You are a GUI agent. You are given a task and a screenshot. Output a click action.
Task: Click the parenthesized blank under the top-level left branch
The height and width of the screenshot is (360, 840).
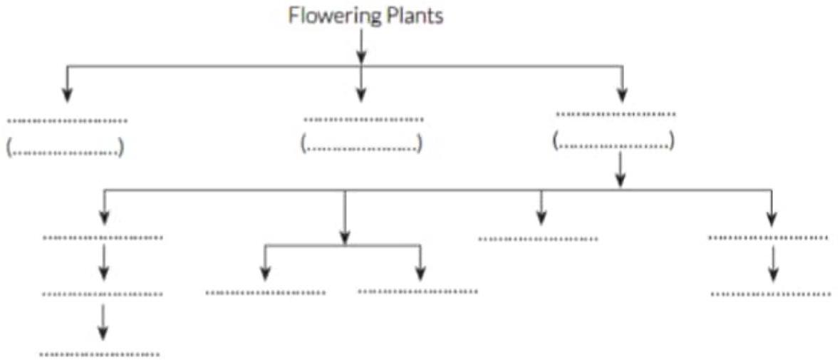(66, 149)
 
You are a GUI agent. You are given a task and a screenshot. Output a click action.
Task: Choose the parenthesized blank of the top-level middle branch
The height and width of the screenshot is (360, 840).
(362, 143)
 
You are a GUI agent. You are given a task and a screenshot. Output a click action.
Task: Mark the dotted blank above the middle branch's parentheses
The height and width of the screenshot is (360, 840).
(363, 120)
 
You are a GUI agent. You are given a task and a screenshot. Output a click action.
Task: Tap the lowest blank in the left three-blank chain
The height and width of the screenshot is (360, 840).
(100, 354)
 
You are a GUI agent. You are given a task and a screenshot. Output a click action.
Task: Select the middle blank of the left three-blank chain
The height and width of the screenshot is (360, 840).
(103, 294)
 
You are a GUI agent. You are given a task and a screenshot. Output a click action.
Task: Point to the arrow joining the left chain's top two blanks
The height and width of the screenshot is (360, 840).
(105, 262)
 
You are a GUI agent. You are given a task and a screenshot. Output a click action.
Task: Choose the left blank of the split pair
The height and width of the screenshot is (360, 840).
(266, 292)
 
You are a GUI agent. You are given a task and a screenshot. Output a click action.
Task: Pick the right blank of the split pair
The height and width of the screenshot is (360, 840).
(418, 291)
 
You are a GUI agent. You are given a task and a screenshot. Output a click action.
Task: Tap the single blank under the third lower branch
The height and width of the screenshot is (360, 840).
(538, 239)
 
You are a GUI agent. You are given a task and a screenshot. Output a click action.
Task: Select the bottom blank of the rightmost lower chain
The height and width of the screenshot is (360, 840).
(771, 293)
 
